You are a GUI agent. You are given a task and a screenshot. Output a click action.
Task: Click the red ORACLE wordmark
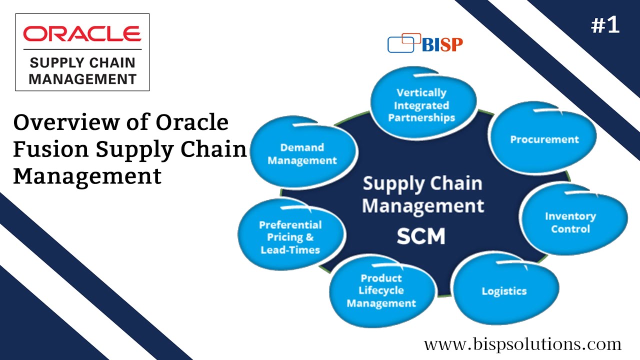click(82, 33)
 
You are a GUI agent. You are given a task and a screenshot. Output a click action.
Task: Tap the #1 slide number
click(605, 26)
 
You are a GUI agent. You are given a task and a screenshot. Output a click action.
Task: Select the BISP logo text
click(442, 44)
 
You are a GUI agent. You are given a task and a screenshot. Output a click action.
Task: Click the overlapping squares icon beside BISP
click(401, 43)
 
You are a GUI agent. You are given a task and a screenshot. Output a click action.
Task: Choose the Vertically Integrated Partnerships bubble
click(421, 105)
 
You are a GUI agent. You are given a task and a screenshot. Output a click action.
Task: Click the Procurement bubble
click(544, 139)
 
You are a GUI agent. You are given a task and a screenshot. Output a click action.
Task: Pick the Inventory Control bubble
click(570, 222)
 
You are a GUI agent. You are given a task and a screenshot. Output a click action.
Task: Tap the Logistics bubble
click(504, 291)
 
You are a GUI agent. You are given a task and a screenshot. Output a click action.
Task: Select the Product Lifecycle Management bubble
click(381, 291)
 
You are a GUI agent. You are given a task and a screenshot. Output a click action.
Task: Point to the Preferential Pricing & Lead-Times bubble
click(290, 237)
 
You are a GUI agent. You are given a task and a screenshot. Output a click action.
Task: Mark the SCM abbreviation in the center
click(421, 236)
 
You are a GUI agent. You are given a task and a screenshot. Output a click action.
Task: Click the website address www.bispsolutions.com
click(522, 344)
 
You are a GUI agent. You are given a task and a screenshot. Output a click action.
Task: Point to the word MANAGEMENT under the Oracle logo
click(82, 78)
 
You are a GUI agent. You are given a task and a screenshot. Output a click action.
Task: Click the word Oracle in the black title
click(192, 122)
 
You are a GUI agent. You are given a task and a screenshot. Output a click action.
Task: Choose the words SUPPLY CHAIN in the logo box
click(82, 63)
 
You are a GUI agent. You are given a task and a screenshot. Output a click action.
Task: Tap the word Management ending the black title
click(87, 176)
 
